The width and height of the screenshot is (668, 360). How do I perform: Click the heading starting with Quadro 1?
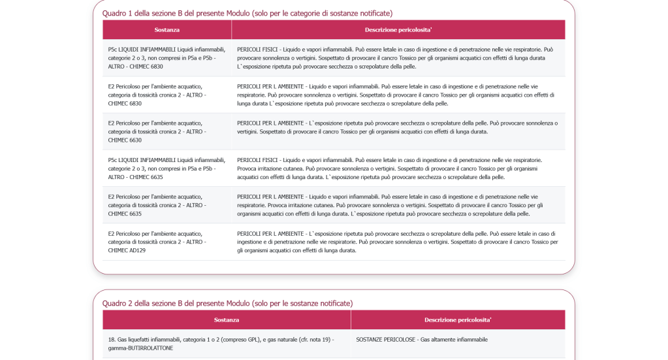247,13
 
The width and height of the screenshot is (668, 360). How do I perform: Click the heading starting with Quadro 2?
227,303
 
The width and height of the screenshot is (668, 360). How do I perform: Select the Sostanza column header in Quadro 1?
167,30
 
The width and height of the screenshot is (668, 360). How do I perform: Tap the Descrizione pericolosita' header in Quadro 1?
398,30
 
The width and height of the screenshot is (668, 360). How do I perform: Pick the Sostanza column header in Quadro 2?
227,320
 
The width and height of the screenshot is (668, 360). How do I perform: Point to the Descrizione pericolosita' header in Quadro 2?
458,320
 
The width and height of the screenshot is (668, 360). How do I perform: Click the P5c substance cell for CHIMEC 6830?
167,57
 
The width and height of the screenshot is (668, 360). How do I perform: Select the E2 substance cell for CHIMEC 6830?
157,95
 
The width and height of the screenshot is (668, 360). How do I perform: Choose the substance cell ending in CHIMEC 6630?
157,131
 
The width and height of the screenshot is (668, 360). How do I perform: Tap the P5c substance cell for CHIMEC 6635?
167,168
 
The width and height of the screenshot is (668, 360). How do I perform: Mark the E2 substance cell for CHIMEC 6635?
157,205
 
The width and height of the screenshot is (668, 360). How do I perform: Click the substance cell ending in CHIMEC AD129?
157,242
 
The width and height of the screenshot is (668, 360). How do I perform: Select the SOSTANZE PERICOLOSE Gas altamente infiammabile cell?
422,340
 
